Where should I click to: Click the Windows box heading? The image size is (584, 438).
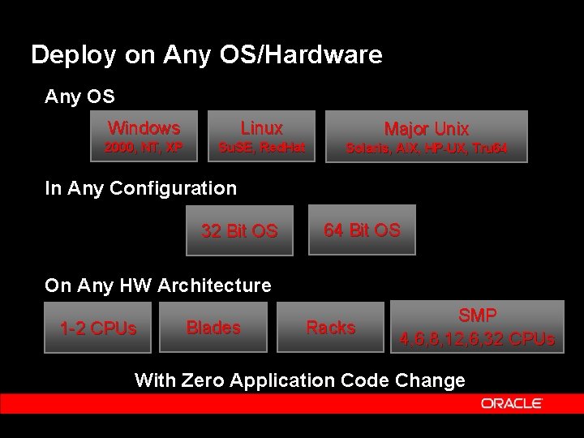click(144, 128)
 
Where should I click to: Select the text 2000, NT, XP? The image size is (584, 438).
click(144, 148)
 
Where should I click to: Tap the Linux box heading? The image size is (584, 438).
click(261, 128)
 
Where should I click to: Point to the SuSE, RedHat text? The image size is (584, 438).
click(261, 148)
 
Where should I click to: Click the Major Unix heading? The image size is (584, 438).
click(426, 129)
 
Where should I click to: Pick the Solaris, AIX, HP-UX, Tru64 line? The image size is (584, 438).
click(426, 148)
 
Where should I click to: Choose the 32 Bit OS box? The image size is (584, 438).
click(239, 231)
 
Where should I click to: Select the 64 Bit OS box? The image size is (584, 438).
click(362, 230)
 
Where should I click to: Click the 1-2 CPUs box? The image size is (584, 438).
click(98, 329)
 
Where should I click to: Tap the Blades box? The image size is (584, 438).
click(213, 328)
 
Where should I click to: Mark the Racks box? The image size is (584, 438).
click(330, 328)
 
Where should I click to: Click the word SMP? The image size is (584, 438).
click(478, 315)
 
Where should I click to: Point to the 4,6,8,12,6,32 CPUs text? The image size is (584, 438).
click(477, 338)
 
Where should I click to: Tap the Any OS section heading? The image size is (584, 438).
click(79, 97)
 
